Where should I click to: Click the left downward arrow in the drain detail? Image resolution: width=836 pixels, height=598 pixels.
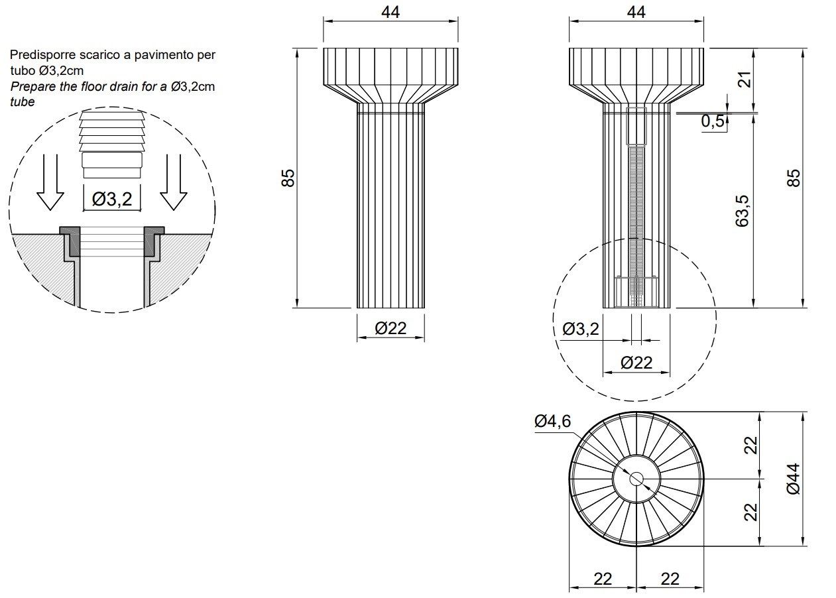[x=50, y=183]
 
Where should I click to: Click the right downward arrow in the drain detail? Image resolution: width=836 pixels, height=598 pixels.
[x=174, y=183]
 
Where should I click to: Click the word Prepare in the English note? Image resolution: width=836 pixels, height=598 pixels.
[x=30, y=86]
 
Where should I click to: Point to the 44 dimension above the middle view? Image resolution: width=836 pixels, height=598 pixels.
[x=390, y=12]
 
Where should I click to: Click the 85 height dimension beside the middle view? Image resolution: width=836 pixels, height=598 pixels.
[x=288, y=178]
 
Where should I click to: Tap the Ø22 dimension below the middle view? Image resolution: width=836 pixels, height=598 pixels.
[x=390, y=328]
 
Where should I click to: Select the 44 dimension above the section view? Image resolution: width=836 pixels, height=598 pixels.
[x=636, y=12]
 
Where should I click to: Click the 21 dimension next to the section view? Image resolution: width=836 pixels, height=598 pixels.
[x=746, y=80]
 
